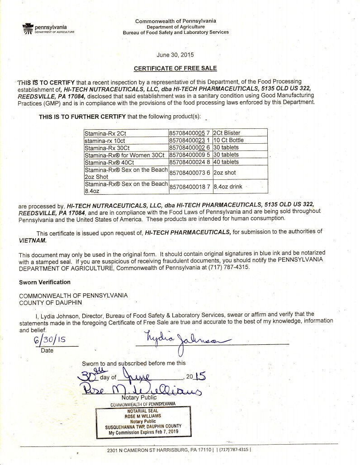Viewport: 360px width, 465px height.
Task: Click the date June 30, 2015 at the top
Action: [x=175, y=55]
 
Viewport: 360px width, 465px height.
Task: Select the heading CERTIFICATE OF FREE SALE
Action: [x=175, y=68]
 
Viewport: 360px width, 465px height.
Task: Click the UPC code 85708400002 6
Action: [x=189, y=147]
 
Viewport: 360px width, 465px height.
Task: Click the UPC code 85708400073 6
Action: [x=189, y=172]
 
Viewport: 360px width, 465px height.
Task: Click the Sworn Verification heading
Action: [x=44, y=282]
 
